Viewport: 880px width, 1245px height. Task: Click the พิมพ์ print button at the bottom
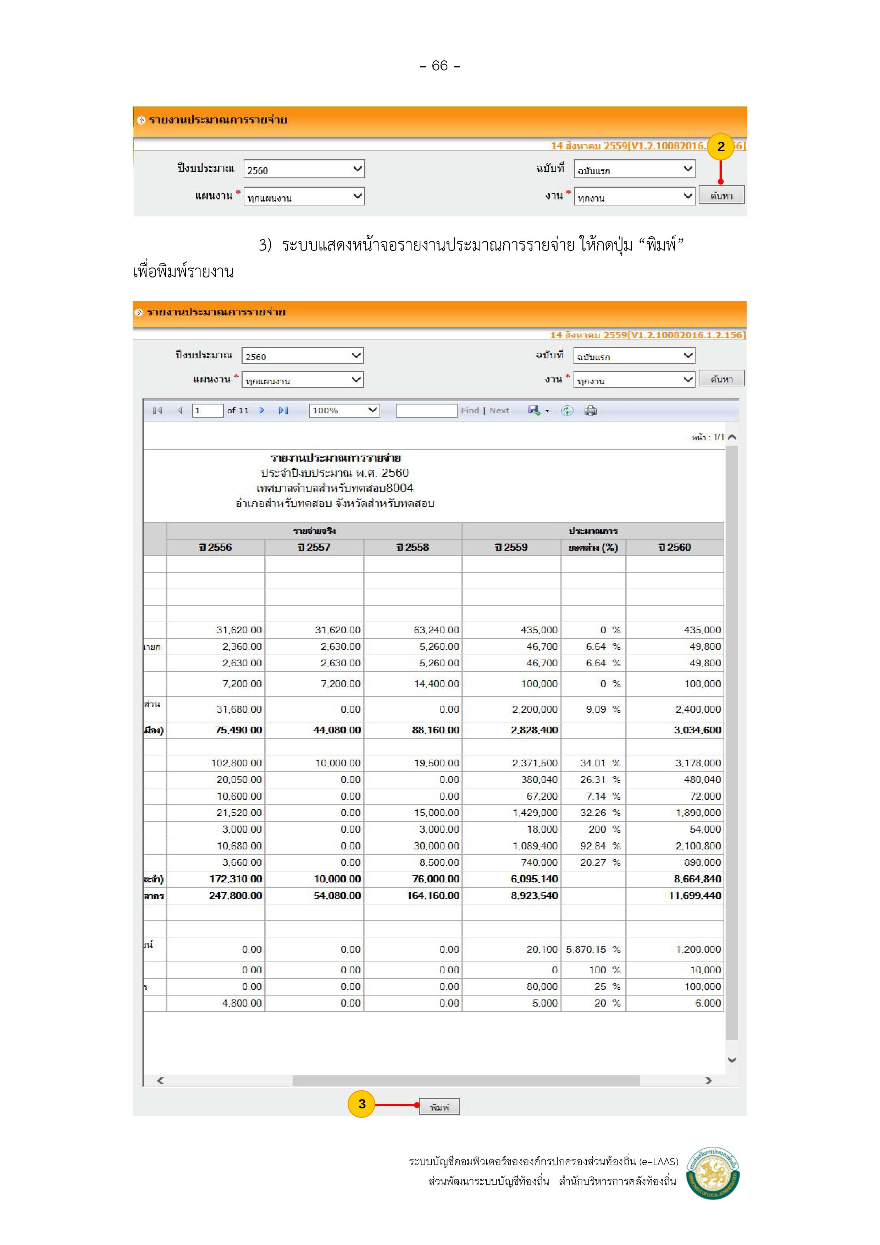[x=439, y=1107]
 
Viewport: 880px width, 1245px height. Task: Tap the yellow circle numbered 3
[x=362, y=1104]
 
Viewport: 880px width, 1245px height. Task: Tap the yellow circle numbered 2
[x=721, y=147]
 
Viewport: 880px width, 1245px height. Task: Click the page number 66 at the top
[x=440, y=66]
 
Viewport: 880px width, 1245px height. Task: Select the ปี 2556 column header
[x=215, y=547]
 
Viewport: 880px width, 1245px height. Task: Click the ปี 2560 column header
[x=675, y=547]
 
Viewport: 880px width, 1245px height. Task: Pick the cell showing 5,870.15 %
[x=593, y=949]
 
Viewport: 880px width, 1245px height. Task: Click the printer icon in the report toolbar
[x=591, y=411]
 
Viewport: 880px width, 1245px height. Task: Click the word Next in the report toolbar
[x=499, y=411]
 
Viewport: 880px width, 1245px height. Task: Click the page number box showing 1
[x=207, y=411]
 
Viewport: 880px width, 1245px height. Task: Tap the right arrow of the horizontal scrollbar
[x=708, y=1080]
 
